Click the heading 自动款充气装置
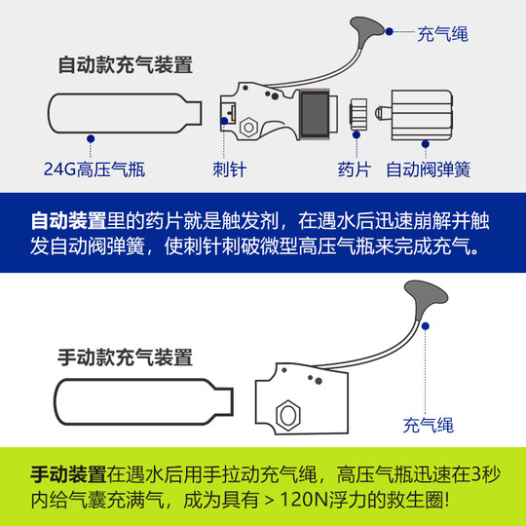(x=125, y=66)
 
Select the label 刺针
(x=230, y=169)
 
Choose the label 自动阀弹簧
(x=429, y=169)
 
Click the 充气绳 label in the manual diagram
(x=429, y=426)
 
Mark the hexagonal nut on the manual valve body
(x=288, y=415)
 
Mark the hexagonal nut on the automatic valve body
(x=247, y=127)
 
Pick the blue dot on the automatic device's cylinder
(x=90, y=138)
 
